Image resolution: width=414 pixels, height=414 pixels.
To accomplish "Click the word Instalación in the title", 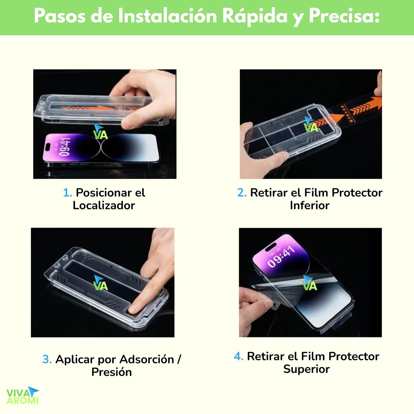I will point(168,16).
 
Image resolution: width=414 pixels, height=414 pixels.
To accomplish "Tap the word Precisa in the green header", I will point(344,16).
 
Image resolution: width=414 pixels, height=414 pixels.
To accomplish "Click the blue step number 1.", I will point(67,193).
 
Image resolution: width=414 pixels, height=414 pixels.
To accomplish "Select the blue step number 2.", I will point(242,193).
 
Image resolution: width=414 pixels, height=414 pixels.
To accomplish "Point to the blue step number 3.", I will point(47,359).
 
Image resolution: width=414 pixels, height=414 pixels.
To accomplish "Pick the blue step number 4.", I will point(238,356).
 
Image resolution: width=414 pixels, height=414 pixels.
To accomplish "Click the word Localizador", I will point(104,205).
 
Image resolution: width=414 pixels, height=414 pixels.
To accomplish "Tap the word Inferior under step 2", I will point(309,205).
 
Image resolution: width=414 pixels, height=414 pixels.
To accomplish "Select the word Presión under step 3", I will point(111,372).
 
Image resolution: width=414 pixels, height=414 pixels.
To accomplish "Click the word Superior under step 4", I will point(306,369).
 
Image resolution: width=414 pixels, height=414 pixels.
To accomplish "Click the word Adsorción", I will point(147,359).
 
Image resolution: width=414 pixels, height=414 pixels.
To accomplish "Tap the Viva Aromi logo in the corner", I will point(23,396).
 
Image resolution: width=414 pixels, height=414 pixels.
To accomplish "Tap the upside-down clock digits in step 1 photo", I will point(64,147).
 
